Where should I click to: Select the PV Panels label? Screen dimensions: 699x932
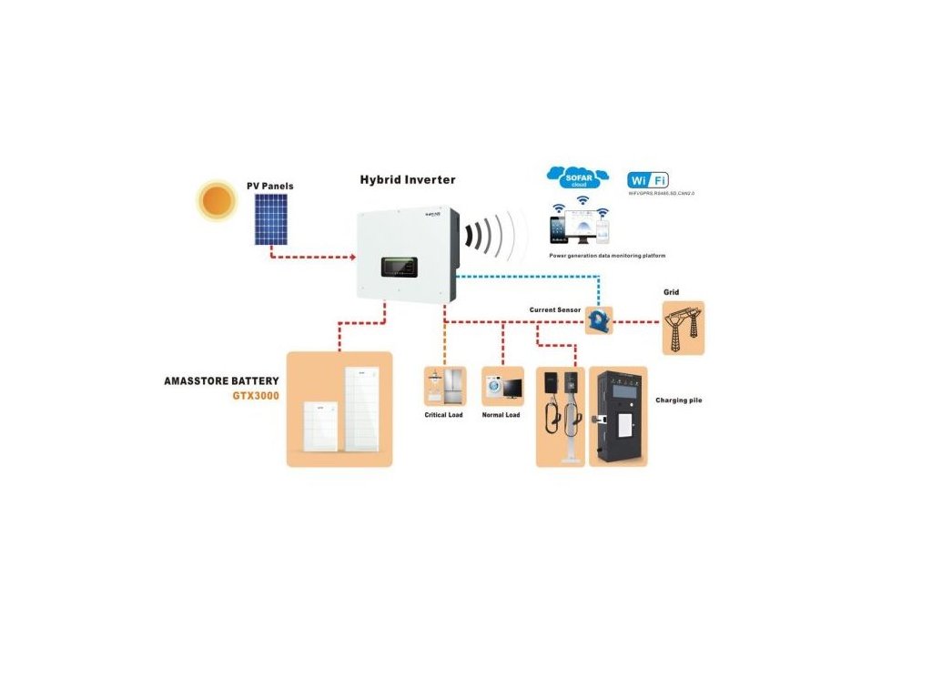point(270,187)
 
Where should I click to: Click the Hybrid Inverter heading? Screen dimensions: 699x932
point(408,179)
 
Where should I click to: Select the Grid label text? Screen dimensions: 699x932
point(671,292)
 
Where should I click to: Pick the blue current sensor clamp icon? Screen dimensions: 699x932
point(599,319)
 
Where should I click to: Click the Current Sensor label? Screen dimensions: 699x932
point(555,310)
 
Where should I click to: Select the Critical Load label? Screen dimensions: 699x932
point(444,415)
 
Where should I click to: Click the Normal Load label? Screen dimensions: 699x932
point(501,415)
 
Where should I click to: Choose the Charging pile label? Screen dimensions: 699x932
point(679,400)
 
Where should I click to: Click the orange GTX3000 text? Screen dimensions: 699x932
point(255,396)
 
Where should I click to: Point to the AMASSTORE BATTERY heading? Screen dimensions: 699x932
point(221,380)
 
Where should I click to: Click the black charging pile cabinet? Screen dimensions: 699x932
point(618,417)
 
